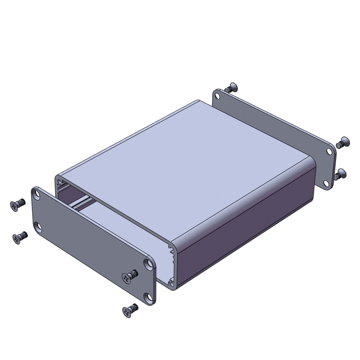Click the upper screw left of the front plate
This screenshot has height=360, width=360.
tap(17, 205)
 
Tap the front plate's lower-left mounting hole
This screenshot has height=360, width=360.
tap(37, 226)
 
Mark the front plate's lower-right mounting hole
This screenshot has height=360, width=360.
tap(151, 298)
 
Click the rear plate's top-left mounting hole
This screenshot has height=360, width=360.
tap(219, 94)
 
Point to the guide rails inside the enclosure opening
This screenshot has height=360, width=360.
tap(82, 204)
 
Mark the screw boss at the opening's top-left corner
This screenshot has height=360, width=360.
tap(60, 182)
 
